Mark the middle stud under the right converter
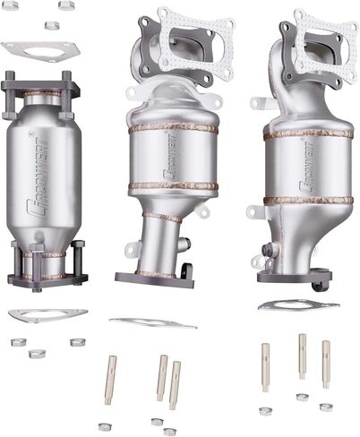point(302,356)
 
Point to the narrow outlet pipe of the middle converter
point(158,242)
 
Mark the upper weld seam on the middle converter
point(172,128)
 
